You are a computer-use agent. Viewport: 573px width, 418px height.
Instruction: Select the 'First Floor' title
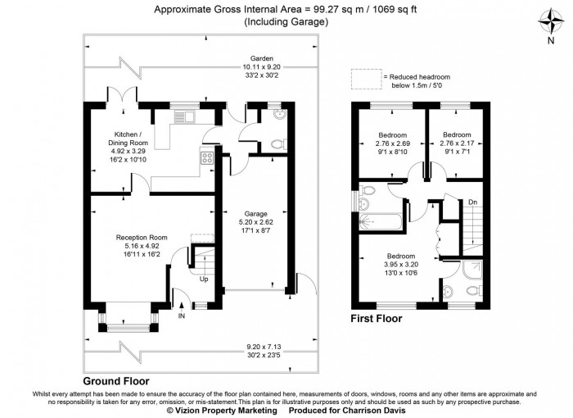376,319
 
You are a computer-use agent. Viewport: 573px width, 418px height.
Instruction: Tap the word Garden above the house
262,58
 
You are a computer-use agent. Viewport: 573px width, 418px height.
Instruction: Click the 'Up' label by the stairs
204,279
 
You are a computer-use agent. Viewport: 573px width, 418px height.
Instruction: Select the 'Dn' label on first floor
472,202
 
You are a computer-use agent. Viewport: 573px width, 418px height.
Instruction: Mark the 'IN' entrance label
182,315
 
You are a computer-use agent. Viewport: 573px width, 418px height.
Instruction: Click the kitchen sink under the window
185,116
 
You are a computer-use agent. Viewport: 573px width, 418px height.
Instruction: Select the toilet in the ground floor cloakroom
277,143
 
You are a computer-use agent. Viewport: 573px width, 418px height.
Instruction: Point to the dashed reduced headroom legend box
368,80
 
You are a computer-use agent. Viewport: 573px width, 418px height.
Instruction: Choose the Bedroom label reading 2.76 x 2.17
457,140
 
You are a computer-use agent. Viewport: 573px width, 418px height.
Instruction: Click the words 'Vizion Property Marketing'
226,411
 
